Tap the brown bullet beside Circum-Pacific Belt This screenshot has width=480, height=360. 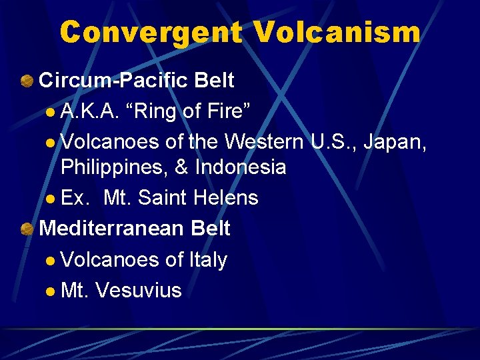pos(27,81)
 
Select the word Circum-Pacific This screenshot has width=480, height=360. pos(113,81)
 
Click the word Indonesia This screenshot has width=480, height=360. pos(239,167)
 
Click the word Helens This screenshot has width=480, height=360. pos(226,198)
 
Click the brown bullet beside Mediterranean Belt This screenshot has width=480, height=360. pos(27,229)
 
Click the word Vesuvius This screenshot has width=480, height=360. pos(139,290)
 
